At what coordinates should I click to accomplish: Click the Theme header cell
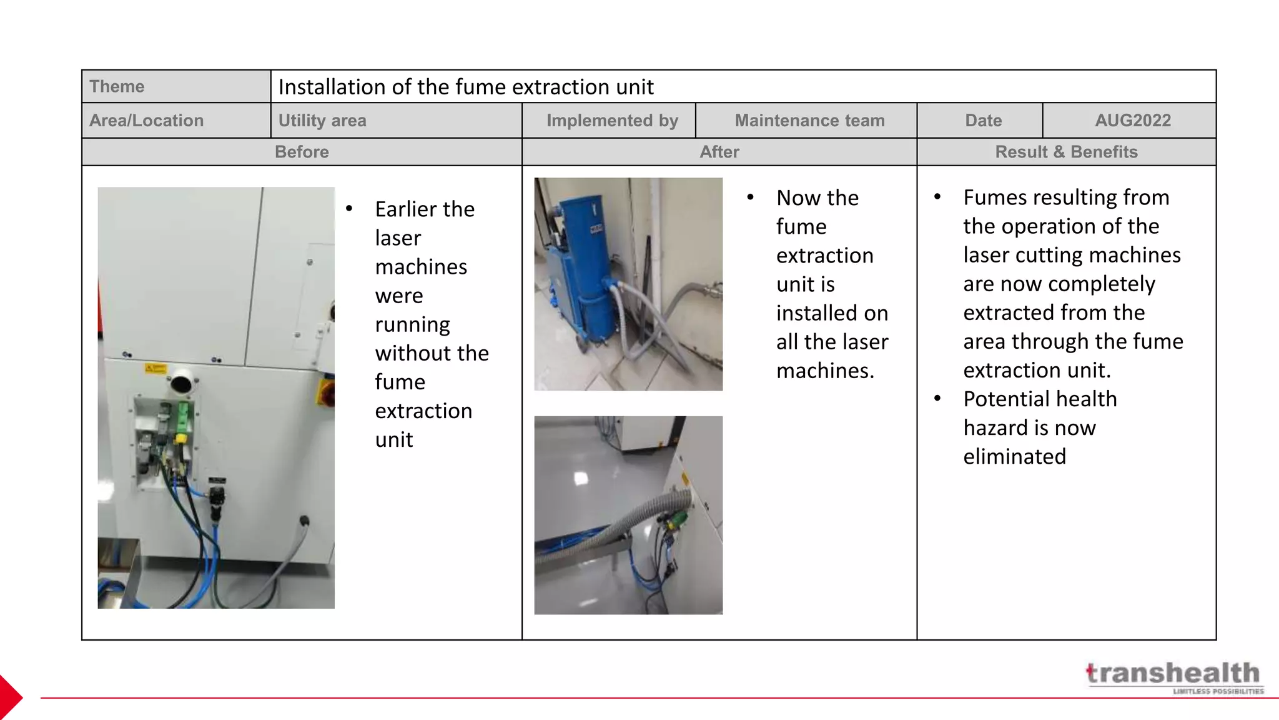pos(176,86)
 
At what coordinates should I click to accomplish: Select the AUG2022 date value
pos(1132,121)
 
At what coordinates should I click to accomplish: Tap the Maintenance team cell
pos(809,121)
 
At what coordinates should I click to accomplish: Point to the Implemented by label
pos(612,121)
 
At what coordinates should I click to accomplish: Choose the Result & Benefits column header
pos(1066,152)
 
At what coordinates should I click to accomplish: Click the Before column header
pos(302,152)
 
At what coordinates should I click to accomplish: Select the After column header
pos(719,152)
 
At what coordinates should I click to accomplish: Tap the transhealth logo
pos(1174,677)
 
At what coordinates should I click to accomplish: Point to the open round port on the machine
pos(183,382)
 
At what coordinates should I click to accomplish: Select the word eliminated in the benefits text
pos(1014,457)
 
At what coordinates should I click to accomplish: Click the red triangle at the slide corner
pos(11,697)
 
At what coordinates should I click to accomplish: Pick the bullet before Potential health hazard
pos(937,399)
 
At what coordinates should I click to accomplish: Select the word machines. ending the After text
pos(825,371)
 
